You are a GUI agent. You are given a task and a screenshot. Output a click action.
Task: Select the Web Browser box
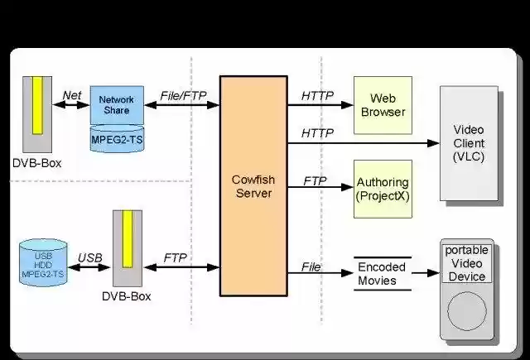[382, 105]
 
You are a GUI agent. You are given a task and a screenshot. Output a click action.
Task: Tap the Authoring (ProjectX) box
[382, 189]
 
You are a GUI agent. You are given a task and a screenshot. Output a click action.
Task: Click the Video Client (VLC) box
[469, 144]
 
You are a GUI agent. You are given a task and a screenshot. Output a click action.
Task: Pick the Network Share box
[116, 104]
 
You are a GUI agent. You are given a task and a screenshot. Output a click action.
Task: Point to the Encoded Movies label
[382, 274]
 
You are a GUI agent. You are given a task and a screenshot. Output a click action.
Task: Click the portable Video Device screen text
[468, 263]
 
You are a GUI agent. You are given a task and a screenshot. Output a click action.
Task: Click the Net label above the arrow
[72, 95]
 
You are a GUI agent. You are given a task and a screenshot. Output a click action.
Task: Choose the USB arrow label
[89, 257]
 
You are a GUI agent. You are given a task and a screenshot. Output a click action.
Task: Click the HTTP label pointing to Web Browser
[317, 95]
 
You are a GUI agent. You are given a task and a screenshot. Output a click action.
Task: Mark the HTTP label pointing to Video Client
[317, 132]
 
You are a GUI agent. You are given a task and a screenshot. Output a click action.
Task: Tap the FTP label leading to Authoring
[315, 180]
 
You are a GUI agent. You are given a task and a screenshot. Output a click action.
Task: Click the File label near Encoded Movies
[311, 266]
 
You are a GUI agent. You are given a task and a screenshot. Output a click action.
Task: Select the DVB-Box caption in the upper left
[37, 163]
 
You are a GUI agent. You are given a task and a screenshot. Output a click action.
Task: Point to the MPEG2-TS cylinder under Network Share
[116, 138]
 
